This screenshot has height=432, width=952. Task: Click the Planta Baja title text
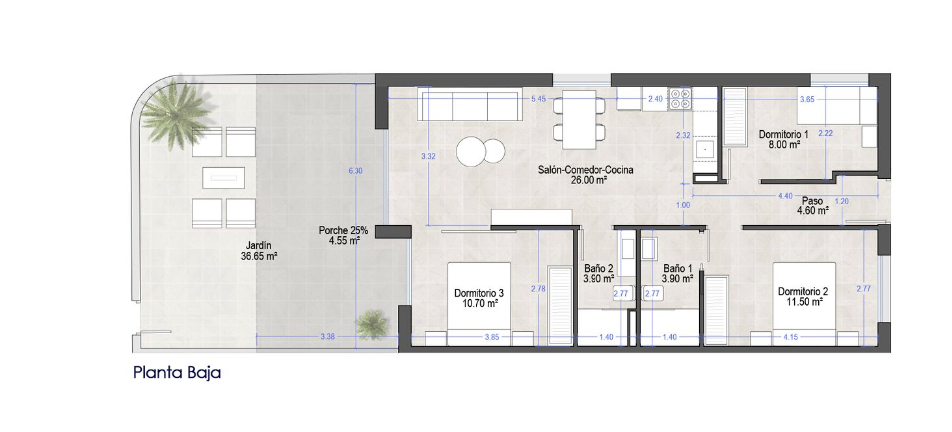[x=177, y=373]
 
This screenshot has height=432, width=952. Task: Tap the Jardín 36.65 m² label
[x=259, y=251]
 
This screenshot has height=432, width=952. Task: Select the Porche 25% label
[x=344, y=230]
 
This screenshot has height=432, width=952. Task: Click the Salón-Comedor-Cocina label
[x=586, y=170]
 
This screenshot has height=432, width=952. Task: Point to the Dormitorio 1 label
[x=783, y=134]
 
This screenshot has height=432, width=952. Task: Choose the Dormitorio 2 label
[x=803, y=292]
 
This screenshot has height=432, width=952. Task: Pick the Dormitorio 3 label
[x=479, y=293]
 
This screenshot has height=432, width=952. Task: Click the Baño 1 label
[x=677, y=269]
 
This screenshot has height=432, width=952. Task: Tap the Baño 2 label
[x=598, y=269]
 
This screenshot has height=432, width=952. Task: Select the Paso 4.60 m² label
[x=812, y=206]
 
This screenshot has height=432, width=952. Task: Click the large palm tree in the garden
[x=176, y=112]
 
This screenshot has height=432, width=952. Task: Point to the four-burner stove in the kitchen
[x=680, y=98]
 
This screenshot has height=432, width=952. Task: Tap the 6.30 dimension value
[x=356, y=171]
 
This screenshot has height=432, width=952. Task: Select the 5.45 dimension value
[x=538, y=99]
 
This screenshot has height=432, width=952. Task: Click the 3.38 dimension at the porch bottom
[x=327, y=337]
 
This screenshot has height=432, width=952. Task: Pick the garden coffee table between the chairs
[x=224, y=178]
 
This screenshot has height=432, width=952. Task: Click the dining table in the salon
[x=580, y=119]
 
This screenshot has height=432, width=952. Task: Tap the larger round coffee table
[x=471, y=152]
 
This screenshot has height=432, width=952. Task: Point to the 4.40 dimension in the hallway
[x=785, y=196]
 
